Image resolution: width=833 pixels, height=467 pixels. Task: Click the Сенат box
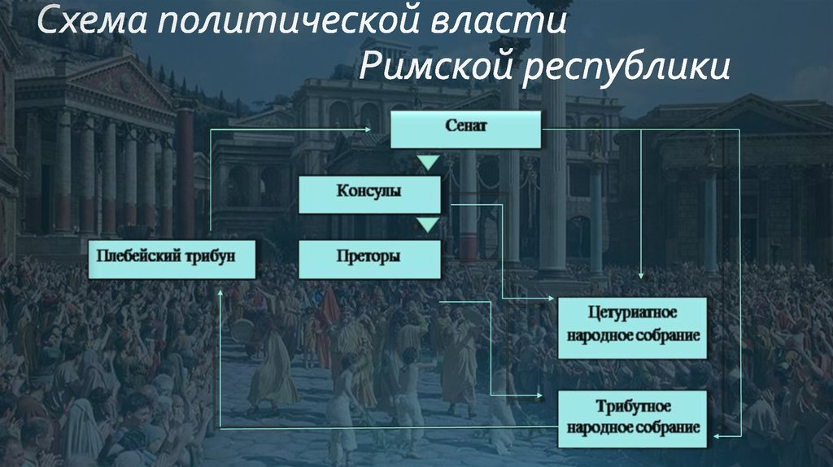click(x=466, y=129)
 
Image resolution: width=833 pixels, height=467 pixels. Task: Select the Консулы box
click(x=370, y=195)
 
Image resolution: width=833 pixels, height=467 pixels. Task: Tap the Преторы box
click(x=370, y=259)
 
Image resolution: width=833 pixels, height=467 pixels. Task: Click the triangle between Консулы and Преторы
click(x=428, y=225)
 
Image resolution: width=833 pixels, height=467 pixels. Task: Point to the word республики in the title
click(x=626, y=69)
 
